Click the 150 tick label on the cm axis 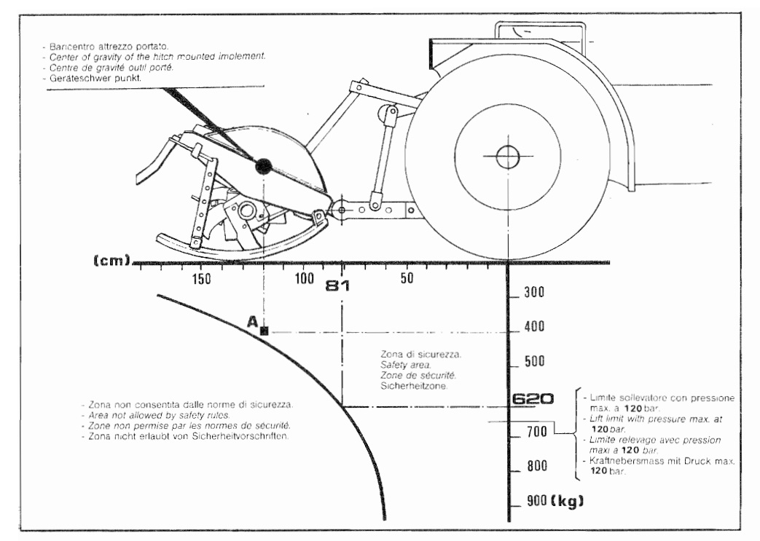[201, 279]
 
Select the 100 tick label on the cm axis [304, 278]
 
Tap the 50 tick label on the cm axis [407, 278]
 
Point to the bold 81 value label [337, 286]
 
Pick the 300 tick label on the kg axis [534, 292]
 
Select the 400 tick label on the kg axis [534, 326]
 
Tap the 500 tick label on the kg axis [534, 361]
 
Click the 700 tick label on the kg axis [537, 431]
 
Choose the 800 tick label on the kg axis [537, 466]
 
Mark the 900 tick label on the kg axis [537, 500]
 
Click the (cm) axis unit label [112, 261]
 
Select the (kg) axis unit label [567, 501]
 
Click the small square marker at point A [265, 331]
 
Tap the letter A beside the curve [252, 321]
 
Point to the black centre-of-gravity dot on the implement [264, 166]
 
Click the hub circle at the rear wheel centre [507, 157]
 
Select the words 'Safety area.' [406, 365]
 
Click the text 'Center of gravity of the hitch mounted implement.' [157, 57]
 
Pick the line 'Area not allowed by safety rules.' [159, 415]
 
